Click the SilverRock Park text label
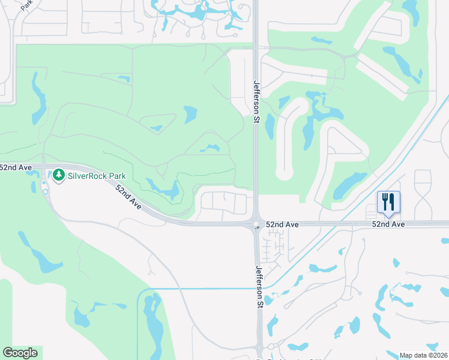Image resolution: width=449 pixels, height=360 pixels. click(x=97, y=176)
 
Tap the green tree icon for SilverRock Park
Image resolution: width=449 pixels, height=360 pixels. click(x=58, y=175)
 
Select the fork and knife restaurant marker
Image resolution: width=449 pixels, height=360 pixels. click(x=388, y=202)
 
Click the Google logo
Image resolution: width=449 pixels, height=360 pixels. click(x=20, y=352)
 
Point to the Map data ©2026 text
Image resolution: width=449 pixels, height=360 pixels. click(x=423, y=355)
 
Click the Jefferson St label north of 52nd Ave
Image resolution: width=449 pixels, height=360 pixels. click(x=256, y=101)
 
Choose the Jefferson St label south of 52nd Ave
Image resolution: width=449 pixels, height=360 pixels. click(x=260, y=287)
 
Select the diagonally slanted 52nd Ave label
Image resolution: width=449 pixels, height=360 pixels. click(x=128, y=197)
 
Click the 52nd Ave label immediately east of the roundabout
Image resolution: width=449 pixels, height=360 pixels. click(x=283, y=224)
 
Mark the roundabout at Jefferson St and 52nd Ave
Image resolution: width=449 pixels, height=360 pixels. click(x=256, y=224)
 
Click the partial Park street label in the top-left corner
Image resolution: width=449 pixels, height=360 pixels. click(x=26, y=6)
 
